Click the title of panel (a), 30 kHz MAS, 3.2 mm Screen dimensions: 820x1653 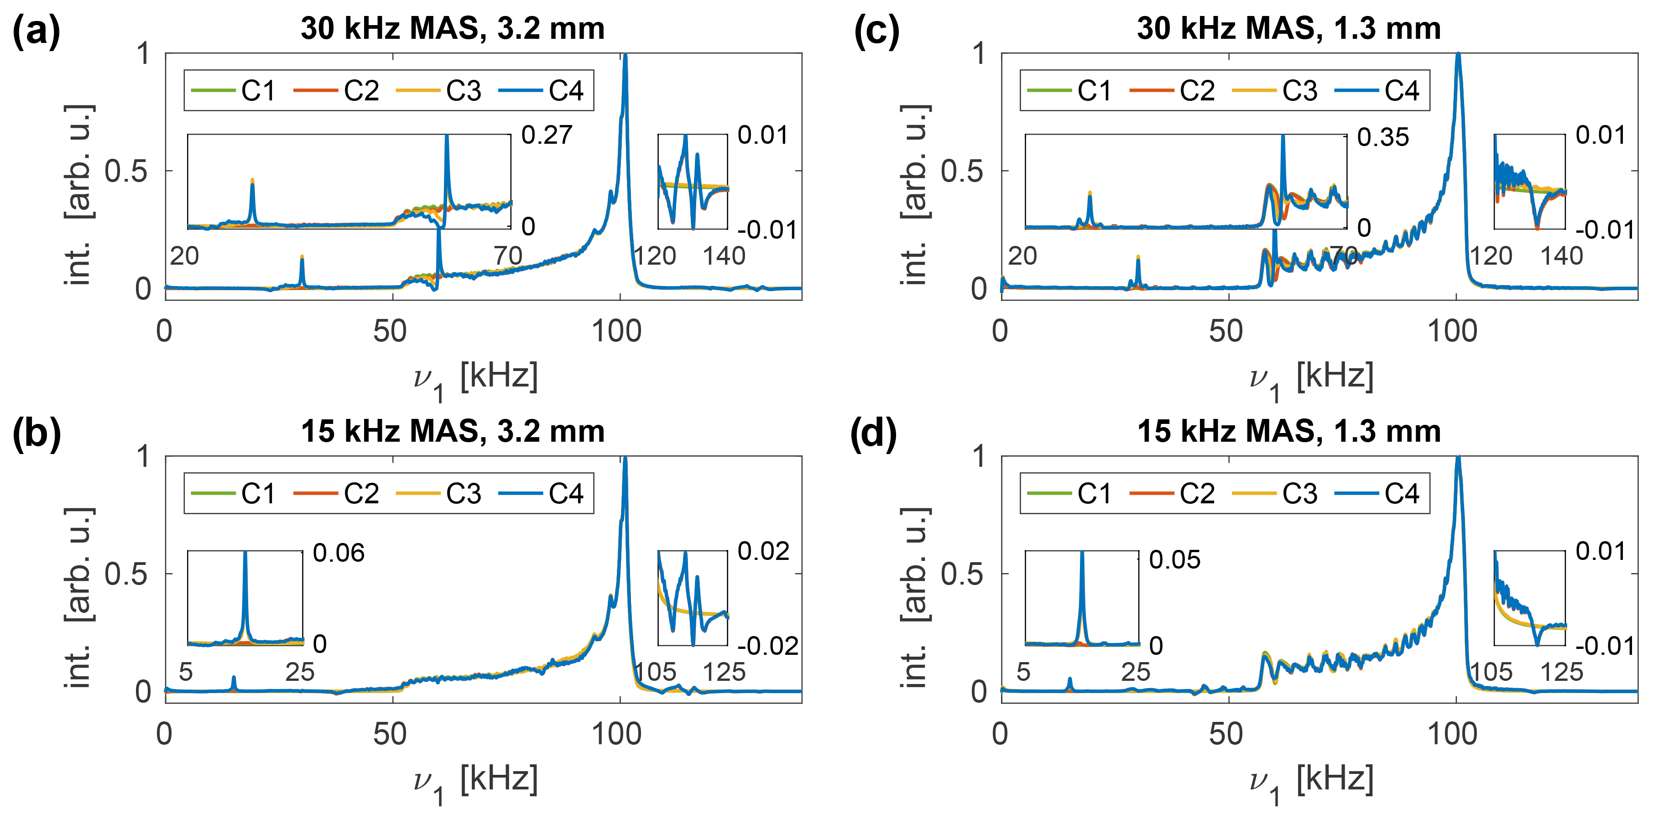pyautogui.click(x=453, y=29)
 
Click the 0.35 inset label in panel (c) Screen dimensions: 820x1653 pyautogui.click(x=1383, y=138)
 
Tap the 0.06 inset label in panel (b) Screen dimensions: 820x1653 pyautogui.click(x=338, y=553)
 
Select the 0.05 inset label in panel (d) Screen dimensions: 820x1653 pyautogui.click(x=1174, y=559)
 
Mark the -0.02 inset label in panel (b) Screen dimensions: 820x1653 pyautogui.click(x=767, y=646)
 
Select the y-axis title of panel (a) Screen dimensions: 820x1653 pyautogui.click(x=79, y=194)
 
